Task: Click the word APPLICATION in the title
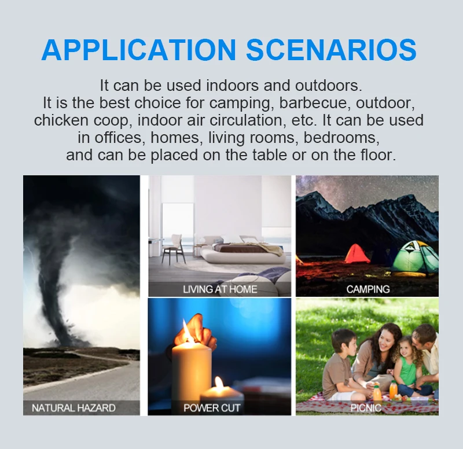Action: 139,50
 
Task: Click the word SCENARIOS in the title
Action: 331,50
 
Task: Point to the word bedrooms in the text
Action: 341,138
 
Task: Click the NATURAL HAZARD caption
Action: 74,408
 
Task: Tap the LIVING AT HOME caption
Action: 220,289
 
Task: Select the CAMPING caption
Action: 368,289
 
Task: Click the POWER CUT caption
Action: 212,408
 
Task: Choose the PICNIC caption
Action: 366,408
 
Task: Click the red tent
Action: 357,254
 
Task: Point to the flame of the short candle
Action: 219,383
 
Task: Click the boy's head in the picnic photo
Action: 344,343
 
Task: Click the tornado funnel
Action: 61,284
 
